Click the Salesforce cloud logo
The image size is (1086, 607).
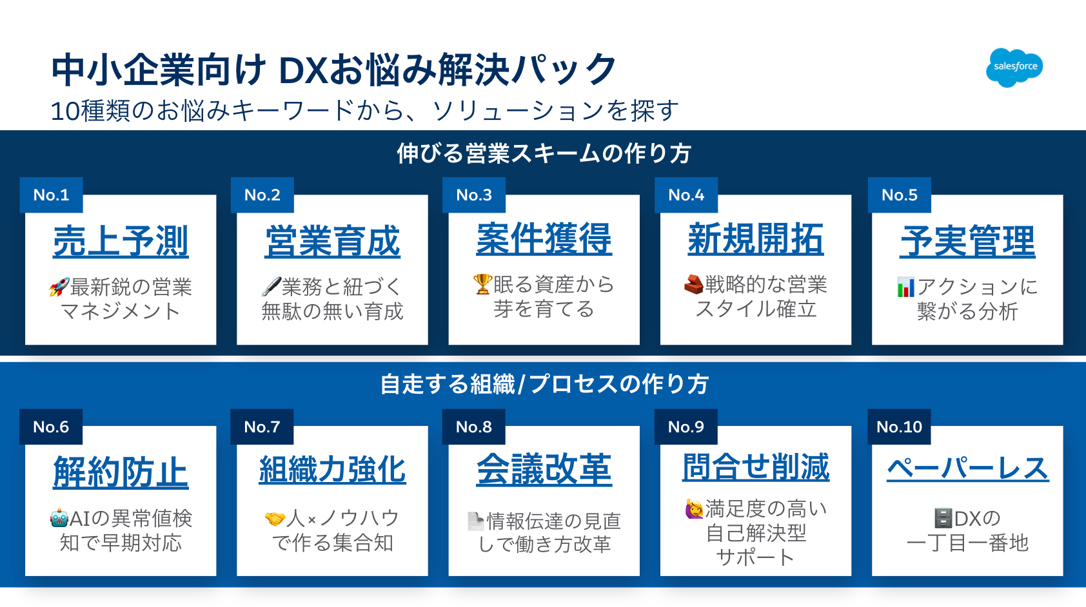click(1014, 67)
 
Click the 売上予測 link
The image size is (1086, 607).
click(120, 241)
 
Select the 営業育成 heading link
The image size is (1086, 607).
click(332, 241)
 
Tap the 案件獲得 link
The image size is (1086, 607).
click(544, 238)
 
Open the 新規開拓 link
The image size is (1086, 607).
click(755, 238)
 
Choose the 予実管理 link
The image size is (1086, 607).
click(967, 241)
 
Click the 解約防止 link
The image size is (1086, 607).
click(120, 472)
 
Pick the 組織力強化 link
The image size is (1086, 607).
click(332, 469)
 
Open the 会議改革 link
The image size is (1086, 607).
click(544, 469)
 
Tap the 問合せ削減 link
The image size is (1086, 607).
click(755, 467)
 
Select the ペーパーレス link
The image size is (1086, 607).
click(968, 468)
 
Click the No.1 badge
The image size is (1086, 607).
click(52, 195)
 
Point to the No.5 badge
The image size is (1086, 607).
click(900, 195)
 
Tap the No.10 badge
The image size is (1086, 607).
click(899, 427)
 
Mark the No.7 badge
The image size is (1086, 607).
click(262, 427)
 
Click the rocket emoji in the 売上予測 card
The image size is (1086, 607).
click(59, 287)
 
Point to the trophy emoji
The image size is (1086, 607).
click(482, 284)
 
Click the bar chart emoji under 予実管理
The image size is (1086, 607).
click(905, 287)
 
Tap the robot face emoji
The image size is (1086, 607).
click(59, 518)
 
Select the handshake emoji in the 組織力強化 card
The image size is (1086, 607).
click(275, 519)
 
